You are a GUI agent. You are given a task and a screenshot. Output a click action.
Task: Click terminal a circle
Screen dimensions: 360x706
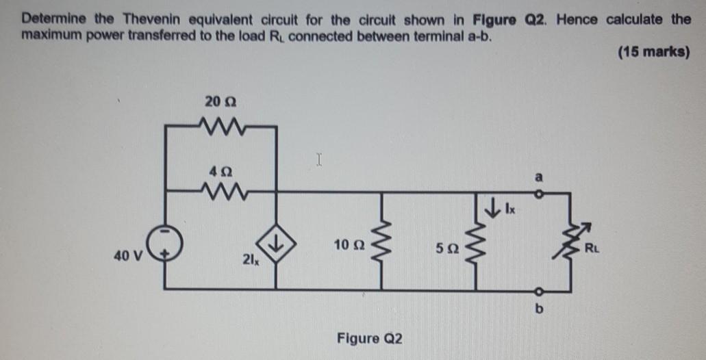(537, 193)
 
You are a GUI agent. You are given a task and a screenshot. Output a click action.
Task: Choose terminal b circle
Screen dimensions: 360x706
(538, 289)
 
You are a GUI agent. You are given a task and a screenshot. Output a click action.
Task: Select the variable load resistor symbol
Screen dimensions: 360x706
(568, 241)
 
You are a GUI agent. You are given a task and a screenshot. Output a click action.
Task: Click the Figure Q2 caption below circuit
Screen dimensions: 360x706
(370, 338)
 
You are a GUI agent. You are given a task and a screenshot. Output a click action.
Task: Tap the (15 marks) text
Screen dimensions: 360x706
(653, 52)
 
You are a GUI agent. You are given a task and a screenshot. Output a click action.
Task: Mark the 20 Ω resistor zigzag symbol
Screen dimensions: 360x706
(220, 125)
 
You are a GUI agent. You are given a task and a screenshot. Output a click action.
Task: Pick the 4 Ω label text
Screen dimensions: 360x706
(220, 167)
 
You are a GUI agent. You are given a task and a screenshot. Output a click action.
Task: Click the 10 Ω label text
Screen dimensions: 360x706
(348, 244)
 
